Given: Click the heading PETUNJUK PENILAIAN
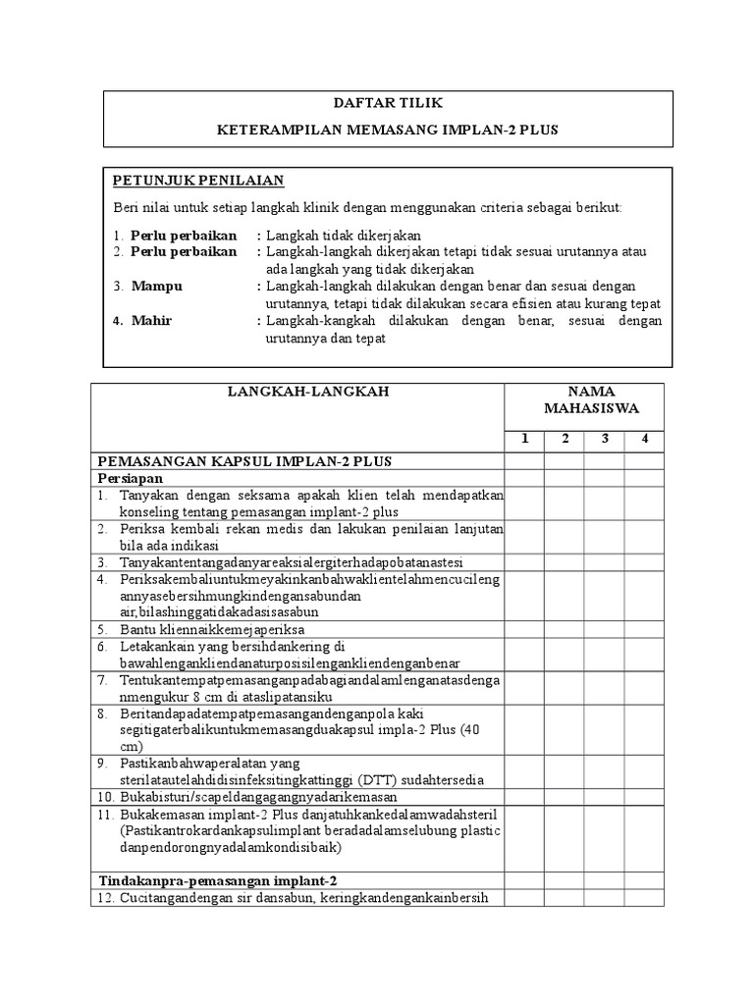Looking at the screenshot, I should (197, 180).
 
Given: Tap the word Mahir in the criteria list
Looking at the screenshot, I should (154, 321).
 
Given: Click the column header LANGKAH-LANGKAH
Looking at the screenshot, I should (297, 392).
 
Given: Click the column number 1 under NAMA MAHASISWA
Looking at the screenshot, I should (525, 439).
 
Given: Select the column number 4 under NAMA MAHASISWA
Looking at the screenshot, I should (645, 439).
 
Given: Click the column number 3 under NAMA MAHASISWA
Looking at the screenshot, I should (605, 439).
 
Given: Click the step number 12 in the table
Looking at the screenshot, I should (106, 898).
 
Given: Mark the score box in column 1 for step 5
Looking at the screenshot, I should (525, 628).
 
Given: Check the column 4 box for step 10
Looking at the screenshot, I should (645, 796).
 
